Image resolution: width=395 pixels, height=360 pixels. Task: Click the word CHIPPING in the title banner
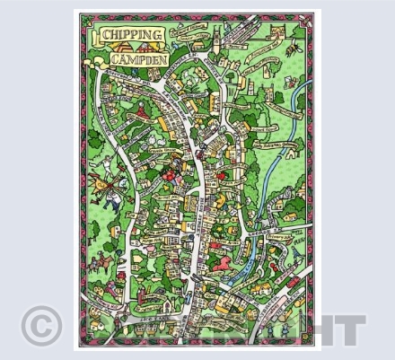(x=133, y=35)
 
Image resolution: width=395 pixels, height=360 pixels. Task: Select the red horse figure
(x=218, y=264)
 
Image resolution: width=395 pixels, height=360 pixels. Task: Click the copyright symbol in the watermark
(x=41, y=325)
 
